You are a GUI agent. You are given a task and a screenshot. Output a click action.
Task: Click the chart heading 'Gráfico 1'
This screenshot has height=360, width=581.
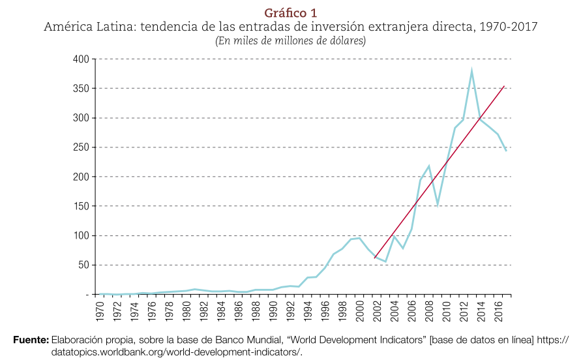click(290, 13)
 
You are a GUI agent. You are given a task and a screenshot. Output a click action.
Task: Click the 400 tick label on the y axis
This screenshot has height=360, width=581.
click(81, 59)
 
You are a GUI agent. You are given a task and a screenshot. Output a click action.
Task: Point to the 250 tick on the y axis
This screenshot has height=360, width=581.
click(81, 147)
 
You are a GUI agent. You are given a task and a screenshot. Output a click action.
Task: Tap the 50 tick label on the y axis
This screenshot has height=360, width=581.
click(83, 265)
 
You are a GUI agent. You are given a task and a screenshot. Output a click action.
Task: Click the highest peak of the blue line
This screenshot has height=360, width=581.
click(471, 70)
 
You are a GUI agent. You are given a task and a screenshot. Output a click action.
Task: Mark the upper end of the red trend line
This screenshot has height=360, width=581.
click(504, 85)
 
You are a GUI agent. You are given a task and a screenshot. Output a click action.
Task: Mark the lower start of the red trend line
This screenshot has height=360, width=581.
click(374, 258)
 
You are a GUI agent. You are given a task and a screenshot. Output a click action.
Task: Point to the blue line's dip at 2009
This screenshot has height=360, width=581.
click(437, 204)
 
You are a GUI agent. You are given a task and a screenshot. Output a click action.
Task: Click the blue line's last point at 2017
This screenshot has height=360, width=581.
click(506, 151)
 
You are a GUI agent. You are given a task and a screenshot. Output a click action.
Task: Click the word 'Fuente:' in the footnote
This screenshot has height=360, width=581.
click(31, 340)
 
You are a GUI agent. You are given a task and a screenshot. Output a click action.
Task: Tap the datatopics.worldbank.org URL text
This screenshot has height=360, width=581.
click(176, 352)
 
